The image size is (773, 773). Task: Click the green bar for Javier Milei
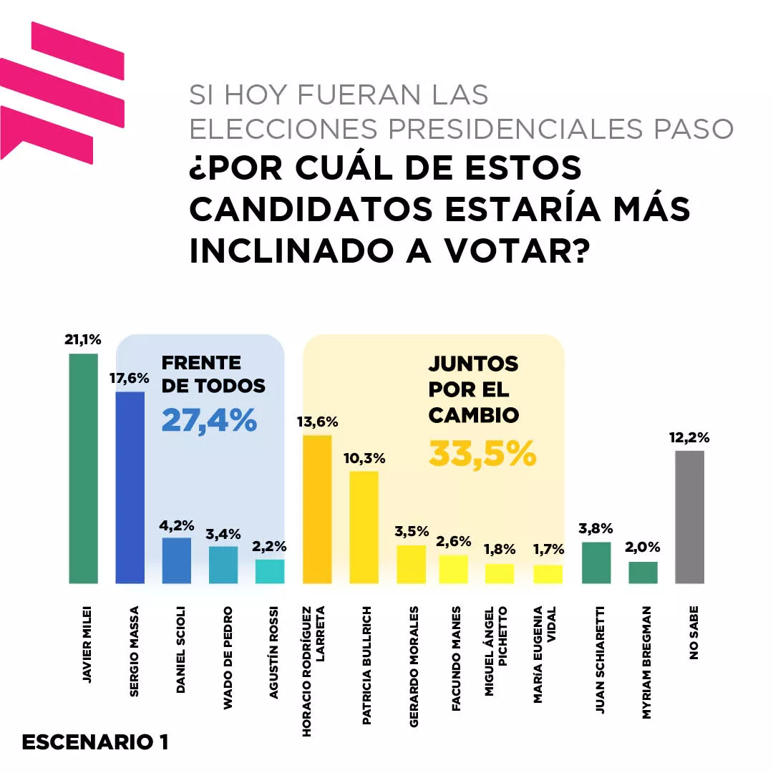83,469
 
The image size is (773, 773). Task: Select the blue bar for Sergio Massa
130,487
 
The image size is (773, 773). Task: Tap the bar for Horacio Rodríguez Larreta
317,509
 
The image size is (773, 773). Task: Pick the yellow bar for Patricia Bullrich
364,527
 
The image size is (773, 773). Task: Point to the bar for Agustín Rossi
270,571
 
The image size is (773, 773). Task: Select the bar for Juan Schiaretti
596,563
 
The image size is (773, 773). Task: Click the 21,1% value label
82,341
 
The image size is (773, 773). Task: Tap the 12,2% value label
689,437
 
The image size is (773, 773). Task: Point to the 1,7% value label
549,550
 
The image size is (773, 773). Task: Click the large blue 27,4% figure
209,420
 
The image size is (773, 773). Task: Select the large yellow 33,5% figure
482,453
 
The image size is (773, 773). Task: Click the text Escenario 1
95,742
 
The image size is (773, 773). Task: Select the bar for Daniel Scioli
177,560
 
